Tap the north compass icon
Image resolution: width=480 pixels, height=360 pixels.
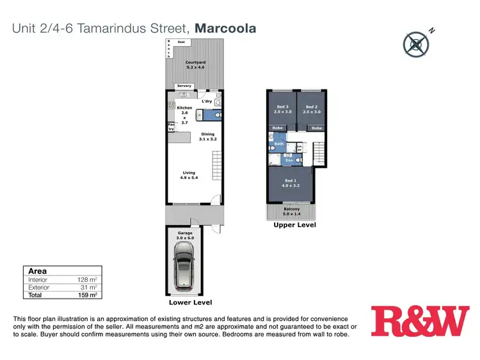417,43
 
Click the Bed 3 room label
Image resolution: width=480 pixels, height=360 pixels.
282,109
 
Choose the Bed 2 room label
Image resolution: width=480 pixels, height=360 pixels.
311,109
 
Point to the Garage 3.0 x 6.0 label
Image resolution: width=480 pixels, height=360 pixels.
185,235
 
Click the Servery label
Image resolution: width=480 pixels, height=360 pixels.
184,86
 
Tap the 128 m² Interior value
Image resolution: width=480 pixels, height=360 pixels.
88,279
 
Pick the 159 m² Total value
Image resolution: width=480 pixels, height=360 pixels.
88,295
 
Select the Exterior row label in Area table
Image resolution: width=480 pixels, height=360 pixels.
40,287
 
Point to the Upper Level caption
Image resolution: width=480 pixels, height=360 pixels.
294,225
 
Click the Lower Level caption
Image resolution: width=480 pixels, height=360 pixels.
190,302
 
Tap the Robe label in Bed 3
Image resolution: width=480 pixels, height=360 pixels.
278,128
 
